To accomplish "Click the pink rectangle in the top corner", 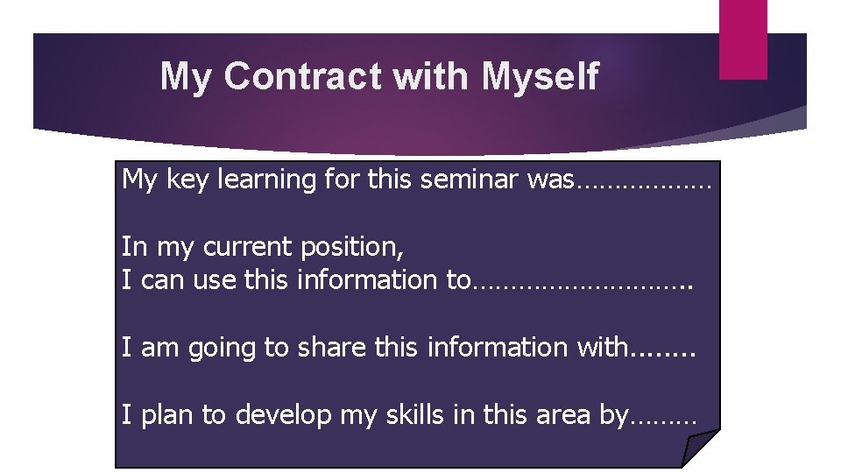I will [743, 39].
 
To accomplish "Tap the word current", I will [246, 247].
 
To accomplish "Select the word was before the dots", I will [552, 180].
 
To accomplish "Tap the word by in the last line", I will [613, 416].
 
